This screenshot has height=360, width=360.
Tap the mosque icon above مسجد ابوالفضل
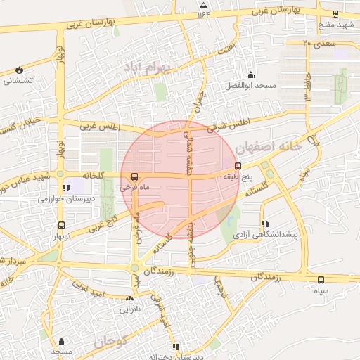[x=250, y=75]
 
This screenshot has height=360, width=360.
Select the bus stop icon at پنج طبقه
[x=237, y=167]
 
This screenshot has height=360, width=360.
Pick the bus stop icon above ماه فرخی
[x=134, y=177]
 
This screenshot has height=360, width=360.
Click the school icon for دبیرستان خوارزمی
[x=66, y=188]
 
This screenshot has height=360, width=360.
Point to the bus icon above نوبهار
[x=61, y=226]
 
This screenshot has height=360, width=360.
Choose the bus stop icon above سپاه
[x=321, y=280]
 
